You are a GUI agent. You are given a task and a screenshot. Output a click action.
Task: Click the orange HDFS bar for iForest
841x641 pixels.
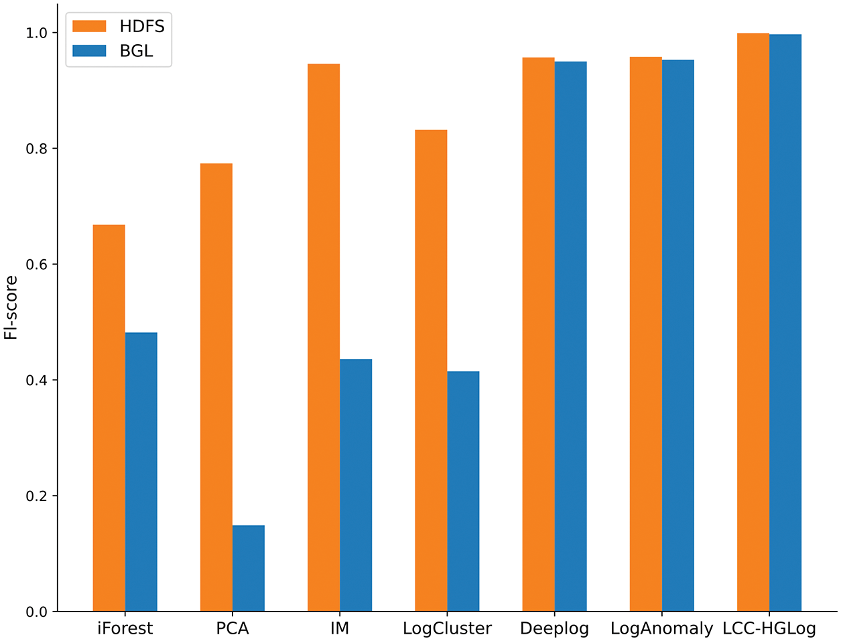click(109, 418)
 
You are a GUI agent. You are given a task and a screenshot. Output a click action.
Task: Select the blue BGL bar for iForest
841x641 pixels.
click(141, 472)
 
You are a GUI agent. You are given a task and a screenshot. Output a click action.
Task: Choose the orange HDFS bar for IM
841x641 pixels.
click(323, 338)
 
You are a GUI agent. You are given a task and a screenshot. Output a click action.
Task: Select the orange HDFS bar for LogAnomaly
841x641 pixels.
click(645, 334)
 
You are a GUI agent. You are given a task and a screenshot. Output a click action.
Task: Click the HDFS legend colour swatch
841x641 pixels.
click(89, 26)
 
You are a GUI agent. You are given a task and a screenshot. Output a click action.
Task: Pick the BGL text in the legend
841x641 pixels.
click(136, 51)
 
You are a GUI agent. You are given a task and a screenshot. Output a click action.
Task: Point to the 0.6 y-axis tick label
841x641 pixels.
click(36, 265)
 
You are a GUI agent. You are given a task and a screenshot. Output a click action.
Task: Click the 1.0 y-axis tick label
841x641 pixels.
click(36, 33)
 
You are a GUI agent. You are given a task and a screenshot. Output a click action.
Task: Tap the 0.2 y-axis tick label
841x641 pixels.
click(36, 496)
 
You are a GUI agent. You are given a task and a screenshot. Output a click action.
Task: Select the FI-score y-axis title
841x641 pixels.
click(11, 307)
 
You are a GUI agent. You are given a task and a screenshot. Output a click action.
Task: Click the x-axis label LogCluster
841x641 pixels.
click(447, 629)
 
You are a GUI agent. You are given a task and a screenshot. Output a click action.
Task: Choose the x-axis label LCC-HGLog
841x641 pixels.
click(769, 629)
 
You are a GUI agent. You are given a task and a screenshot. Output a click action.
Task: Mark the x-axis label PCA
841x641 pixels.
click(233, 629)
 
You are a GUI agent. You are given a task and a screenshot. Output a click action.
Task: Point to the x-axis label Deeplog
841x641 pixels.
click(554, 629)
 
